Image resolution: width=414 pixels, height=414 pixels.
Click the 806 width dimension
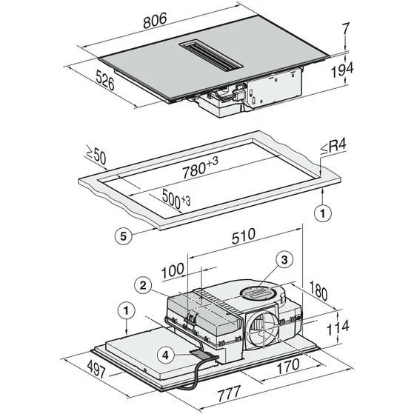155,20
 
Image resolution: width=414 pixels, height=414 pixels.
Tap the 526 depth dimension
105,80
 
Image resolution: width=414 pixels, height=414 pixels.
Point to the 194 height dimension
342,70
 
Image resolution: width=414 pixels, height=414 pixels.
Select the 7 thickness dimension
345,29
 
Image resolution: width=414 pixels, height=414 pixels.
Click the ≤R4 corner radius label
333,147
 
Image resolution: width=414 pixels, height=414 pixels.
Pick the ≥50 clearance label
96,156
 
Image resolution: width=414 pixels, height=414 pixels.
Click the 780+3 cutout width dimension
200,167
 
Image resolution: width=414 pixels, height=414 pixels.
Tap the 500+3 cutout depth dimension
176,198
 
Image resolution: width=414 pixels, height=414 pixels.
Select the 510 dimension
244,236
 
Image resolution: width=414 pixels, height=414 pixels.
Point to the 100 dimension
173,270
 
